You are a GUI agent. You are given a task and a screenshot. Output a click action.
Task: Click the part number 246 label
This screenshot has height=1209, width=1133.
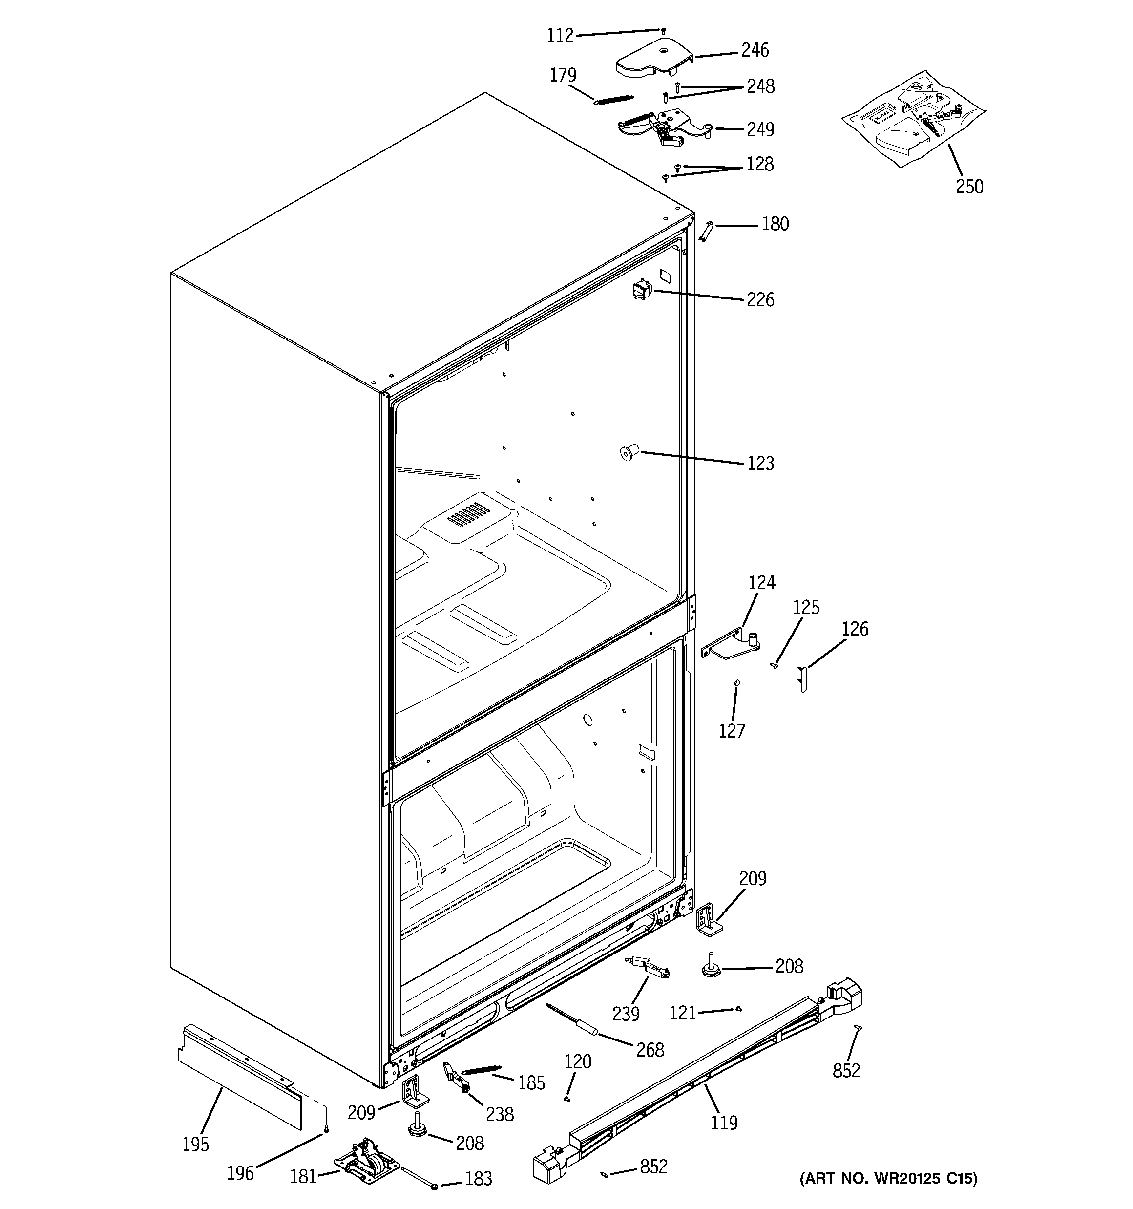[755, 50]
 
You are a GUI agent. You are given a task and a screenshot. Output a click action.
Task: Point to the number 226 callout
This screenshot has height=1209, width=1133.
[760, 300]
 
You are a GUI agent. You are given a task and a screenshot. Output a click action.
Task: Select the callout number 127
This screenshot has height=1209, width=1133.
[732, 730]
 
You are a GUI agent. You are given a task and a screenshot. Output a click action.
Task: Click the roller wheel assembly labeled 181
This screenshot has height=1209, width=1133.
[367, 1167]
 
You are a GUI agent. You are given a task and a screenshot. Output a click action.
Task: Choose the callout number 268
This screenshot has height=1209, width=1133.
[650, 1049]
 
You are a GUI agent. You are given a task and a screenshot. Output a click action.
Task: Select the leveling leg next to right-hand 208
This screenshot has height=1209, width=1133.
[709, 968]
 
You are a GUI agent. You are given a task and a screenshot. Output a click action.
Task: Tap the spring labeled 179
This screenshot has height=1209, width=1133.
[613, 99]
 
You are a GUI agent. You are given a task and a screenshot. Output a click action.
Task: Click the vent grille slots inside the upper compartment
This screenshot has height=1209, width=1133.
[468, 514]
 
